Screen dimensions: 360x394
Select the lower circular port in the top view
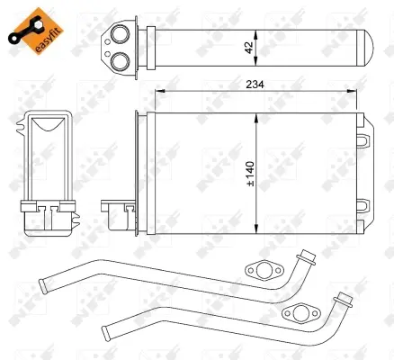(121, 60)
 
